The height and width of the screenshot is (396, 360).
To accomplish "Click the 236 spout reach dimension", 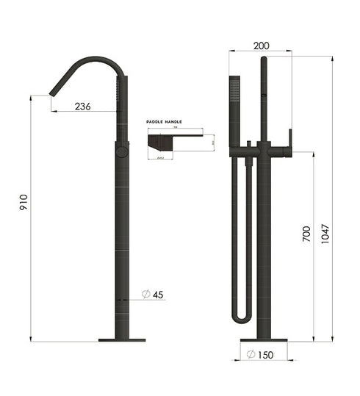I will point(83,107).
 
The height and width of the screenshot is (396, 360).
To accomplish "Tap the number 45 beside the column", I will point(158,295).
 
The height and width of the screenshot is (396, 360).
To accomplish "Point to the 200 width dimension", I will point(260,46).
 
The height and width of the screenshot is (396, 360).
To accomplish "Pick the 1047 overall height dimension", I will point(325,234).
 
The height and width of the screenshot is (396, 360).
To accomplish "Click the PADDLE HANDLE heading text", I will point(164,122).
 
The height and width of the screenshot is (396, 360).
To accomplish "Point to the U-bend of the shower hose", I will point(242,317).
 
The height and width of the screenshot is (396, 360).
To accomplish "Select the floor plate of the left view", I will point(122,340).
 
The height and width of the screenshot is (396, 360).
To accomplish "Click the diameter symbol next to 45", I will point(145,295).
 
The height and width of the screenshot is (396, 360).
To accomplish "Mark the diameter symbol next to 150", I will point(251,356).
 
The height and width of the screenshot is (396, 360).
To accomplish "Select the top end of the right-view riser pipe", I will point(263,60).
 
